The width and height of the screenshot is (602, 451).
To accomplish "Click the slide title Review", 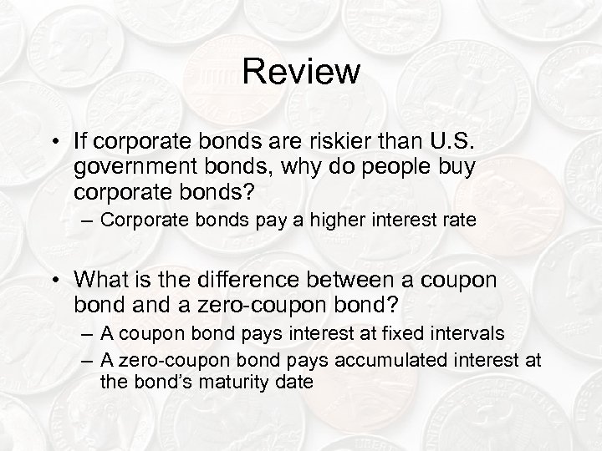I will tap(301, 72).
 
